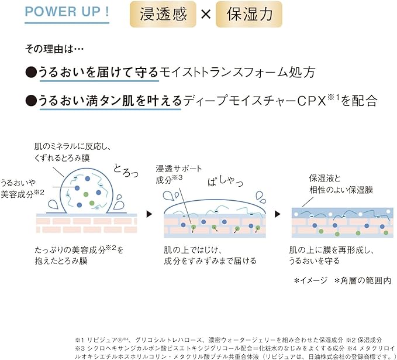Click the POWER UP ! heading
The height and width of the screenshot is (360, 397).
click(67, 12)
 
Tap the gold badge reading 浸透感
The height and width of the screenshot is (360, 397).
click(163, 14)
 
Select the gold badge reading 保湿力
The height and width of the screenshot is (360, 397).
click(249, 14)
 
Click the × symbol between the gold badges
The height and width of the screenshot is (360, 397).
click(206, 14)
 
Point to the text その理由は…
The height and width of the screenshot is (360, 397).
click(54, 49)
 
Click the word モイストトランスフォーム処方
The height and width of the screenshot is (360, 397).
click(237, 72)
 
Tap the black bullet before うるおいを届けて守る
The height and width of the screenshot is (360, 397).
click(31, 72)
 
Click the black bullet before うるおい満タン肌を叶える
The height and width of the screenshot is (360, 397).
click(31, 101)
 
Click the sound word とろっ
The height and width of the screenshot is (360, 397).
click(126, 170)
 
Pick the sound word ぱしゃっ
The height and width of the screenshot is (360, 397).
click(225, 181)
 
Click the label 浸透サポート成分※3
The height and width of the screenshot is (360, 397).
click(179, 174)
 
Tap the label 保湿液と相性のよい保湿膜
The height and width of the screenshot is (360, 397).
click(341, 184)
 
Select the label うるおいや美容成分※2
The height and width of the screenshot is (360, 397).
click(22, 188)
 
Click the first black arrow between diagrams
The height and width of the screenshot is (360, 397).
click(149, 214)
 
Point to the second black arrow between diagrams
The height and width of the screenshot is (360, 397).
click(278, 214)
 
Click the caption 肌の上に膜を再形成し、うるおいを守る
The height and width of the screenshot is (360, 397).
click(332, 255)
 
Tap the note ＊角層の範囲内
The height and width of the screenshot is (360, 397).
click(363, 280)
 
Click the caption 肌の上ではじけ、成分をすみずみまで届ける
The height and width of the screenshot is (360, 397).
click(210, 255)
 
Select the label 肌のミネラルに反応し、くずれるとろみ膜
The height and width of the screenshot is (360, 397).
click(73, 152)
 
